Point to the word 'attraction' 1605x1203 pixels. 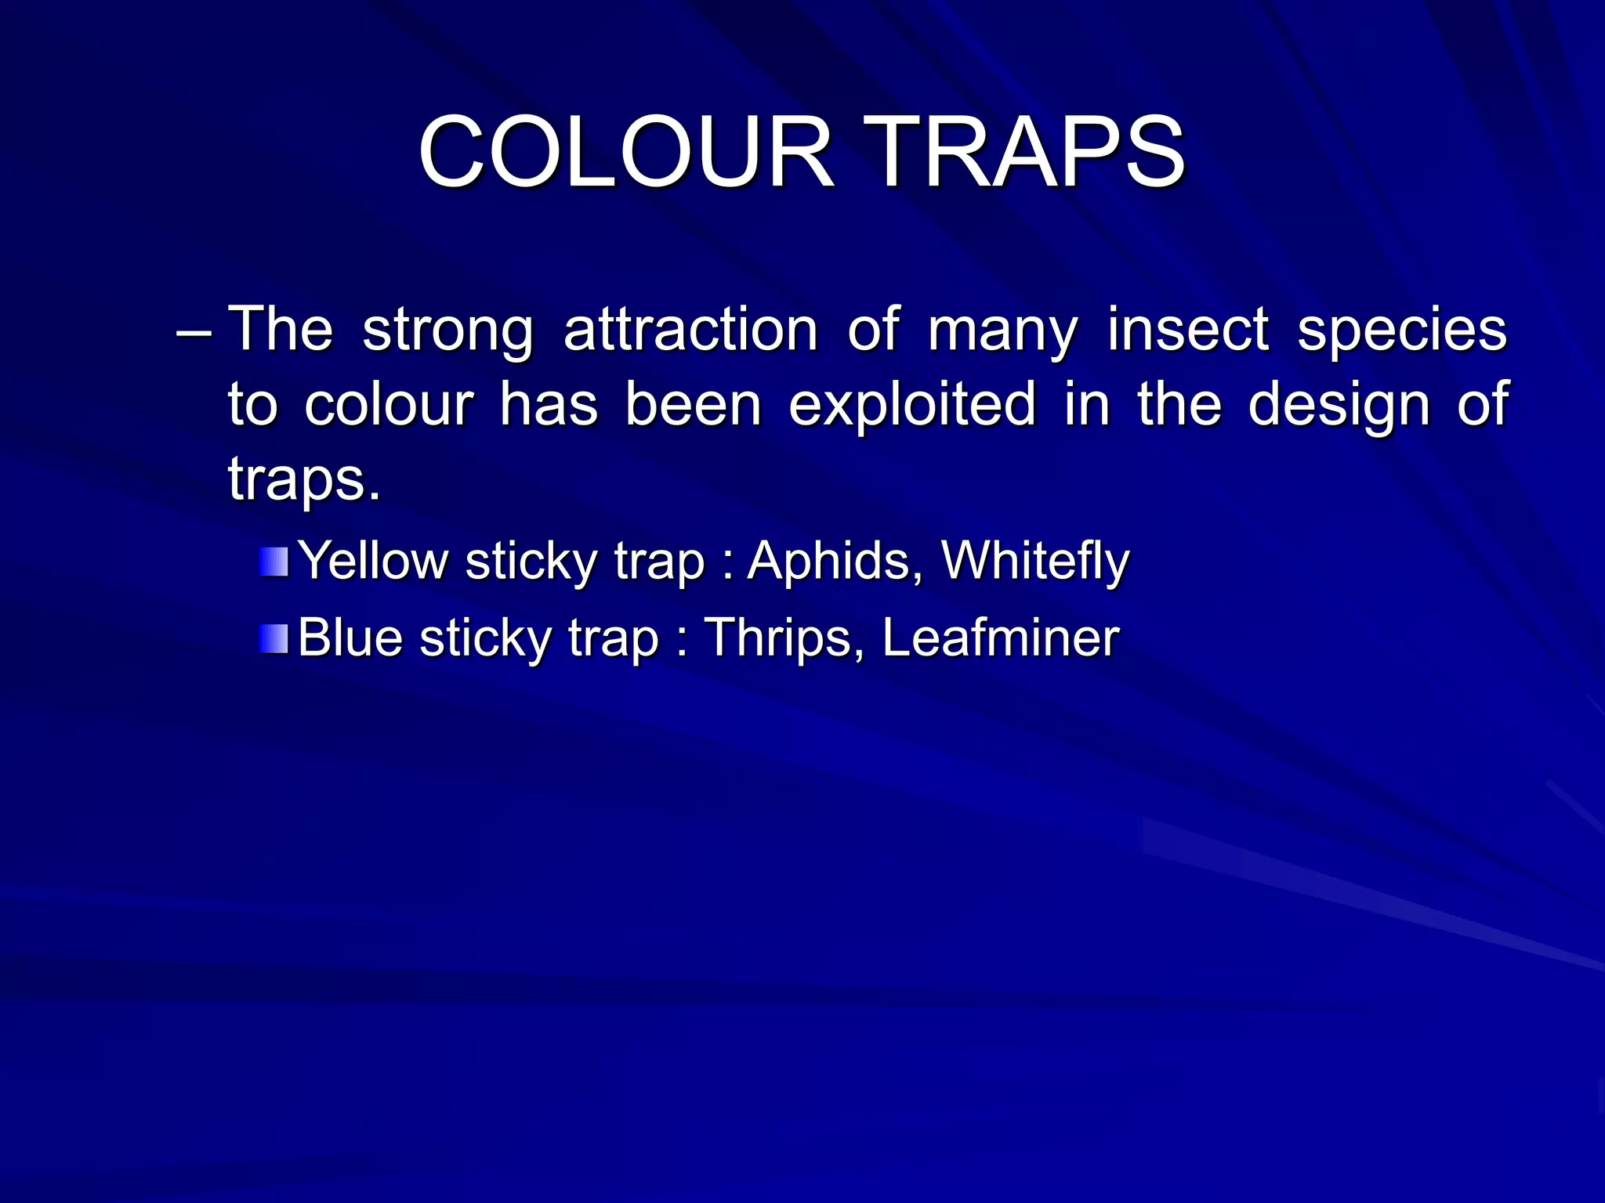[690, 329]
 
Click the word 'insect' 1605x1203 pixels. [1187, 329]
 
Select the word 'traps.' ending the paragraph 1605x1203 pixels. [304, 479]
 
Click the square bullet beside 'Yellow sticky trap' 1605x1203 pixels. [274, 562]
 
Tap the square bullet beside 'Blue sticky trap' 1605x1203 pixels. [274, 638]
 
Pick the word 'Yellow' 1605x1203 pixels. [373, 562]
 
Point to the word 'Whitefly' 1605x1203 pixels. [1034, 562]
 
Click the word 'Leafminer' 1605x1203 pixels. [1001, 638]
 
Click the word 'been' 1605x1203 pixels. [693, 406]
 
